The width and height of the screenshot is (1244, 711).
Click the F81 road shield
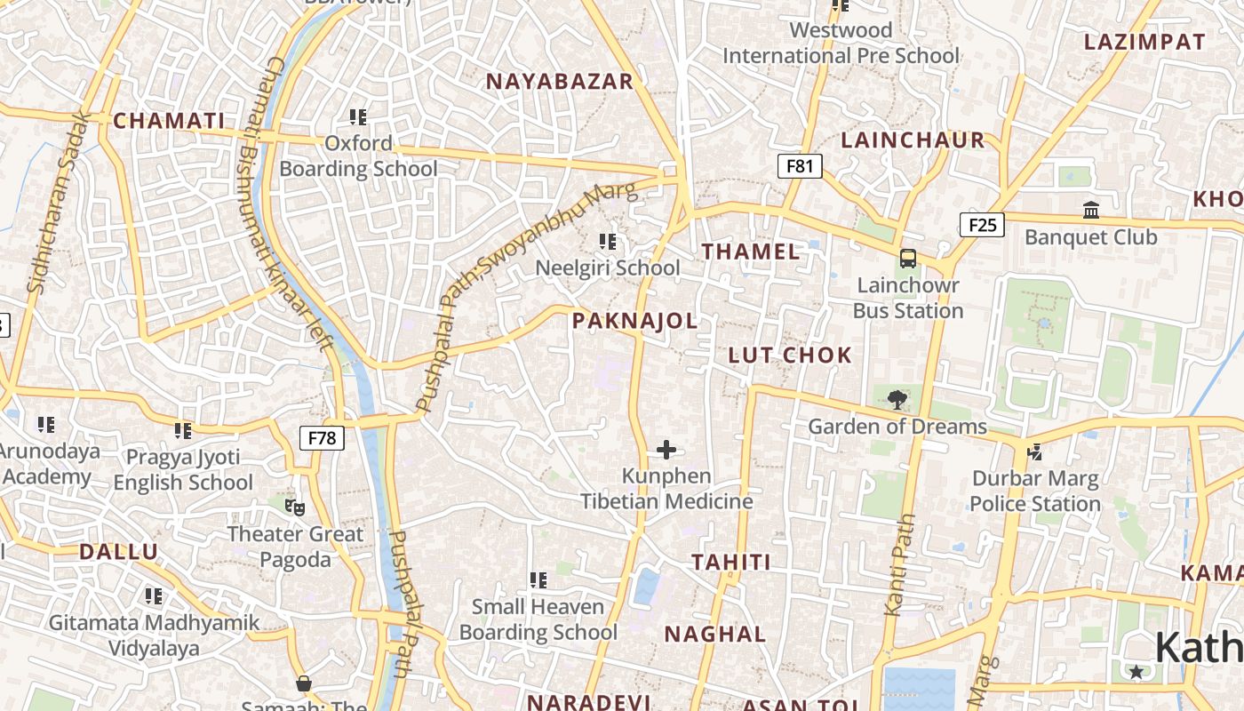(x=800, y=165)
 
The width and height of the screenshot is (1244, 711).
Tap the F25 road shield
(x=982, y=225)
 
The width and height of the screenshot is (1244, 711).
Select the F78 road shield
(x=322, y=437)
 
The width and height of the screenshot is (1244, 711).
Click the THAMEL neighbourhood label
(x=751, y=252)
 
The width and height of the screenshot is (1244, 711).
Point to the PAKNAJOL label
(x=635, y=321)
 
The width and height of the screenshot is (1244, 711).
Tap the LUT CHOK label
(x=790, y=355)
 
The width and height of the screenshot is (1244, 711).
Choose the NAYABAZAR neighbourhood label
(x=560, y=82)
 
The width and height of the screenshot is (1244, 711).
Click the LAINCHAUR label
(x=913, y=140)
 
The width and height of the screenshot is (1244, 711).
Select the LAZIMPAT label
(x=1144, y=42)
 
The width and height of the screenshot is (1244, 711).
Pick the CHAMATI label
(x=170, y=121)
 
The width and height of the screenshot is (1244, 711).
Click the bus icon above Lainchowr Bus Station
(x=907, y=259)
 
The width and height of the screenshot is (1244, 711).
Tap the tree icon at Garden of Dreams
(x=897, y=399)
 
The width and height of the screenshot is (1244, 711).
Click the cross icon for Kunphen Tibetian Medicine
(x=666, y=450)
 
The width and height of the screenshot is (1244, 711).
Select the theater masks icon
(x=295, y=507)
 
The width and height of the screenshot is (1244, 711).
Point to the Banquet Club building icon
(x=1091, y=211)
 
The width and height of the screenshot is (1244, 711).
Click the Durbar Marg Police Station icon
(x=1034, y=451)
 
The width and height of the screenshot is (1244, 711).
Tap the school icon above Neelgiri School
(x=608, y=241)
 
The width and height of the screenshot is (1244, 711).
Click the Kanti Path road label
(x=900, y=564)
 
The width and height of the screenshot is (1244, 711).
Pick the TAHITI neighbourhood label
(x=731, y=563)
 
